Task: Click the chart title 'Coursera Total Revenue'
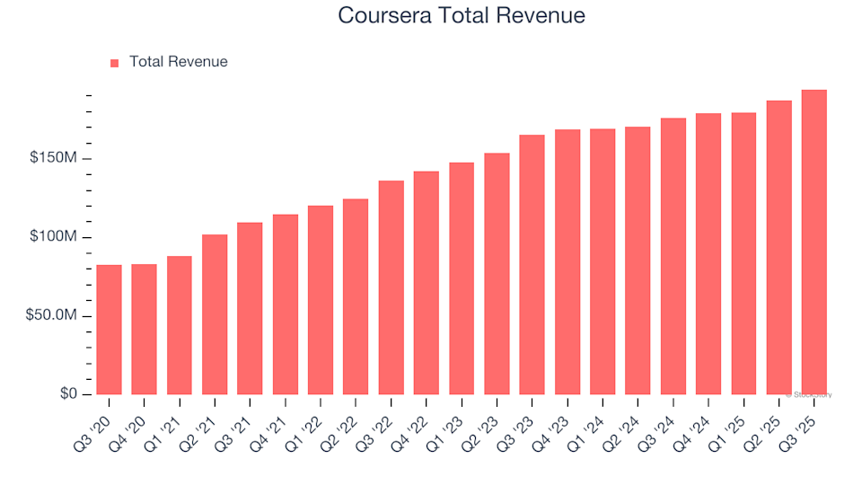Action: coord(462,15)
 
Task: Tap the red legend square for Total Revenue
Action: coord(114,63)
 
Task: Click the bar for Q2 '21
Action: coord(215,314)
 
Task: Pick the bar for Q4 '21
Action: coord(285,304)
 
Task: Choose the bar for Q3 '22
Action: coord(391,287)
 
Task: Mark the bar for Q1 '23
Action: coord(462,278)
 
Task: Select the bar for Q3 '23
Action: coord(532,265)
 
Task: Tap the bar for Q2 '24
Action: coord(638,260)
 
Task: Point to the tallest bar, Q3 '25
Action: coord(814,242)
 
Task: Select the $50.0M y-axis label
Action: coord(54,316)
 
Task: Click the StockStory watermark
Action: coord(809,394)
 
